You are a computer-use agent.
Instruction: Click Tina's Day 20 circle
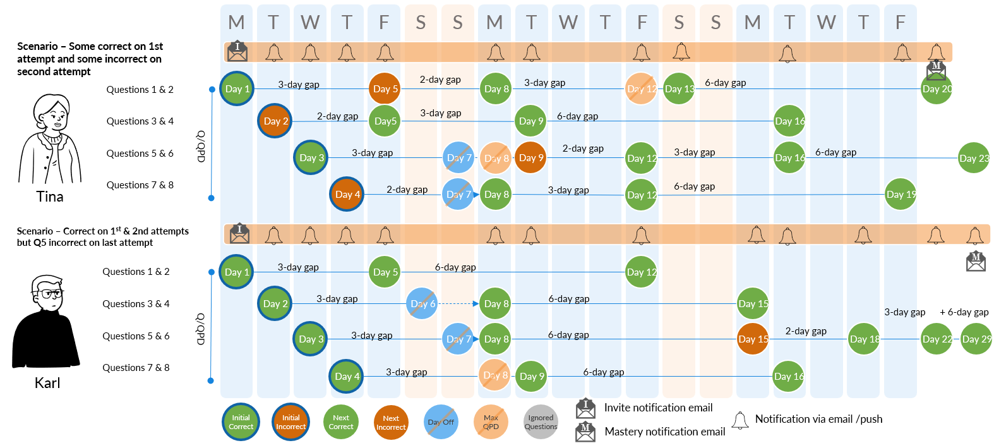[x=936, y=89]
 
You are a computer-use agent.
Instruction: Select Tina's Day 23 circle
[x=973, y=158]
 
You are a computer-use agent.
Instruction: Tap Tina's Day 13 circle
[x=679, y=89]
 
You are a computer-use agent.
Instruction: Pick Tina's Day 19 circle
[x=900, y=195]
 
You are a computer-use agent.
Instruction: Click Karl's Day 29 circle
[x=976, y=339]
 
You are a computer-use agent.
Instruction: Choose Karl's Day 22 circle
[x=936, y=339]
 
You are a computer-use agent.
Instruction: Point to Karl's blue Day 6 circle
[x=422, y=304]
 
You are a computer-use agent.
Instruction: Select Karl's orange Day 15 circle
[x=753, y=339]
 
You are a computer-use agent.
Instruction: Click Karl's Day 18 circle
[x=863, y=339]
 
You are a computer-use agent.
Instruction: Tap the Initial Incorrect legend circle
[x=290, y=422]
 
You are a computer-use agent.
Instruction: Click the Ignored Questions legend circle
[x=541, y=422]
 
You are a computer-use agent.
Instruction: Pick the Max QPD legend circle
[x=491, y=422]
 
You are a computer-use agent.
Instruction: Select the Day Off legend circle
[x=441, y=422]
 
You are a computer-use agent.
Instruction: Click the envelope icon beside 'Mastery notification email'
[x=585, y=432]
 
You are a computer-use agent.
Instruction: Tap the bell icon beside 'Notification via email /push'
[x=740, y=420]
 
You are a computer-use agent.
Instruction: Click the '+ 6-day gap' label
[x=964, y=312]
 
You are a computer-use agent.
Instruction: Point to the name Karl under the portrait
[x=47, y=383]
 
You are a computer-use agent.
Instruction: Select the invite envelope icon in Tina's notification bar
[x=237, y=51]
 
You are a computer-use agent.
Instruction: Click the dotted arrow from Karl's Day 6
[x=458, y=304]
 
